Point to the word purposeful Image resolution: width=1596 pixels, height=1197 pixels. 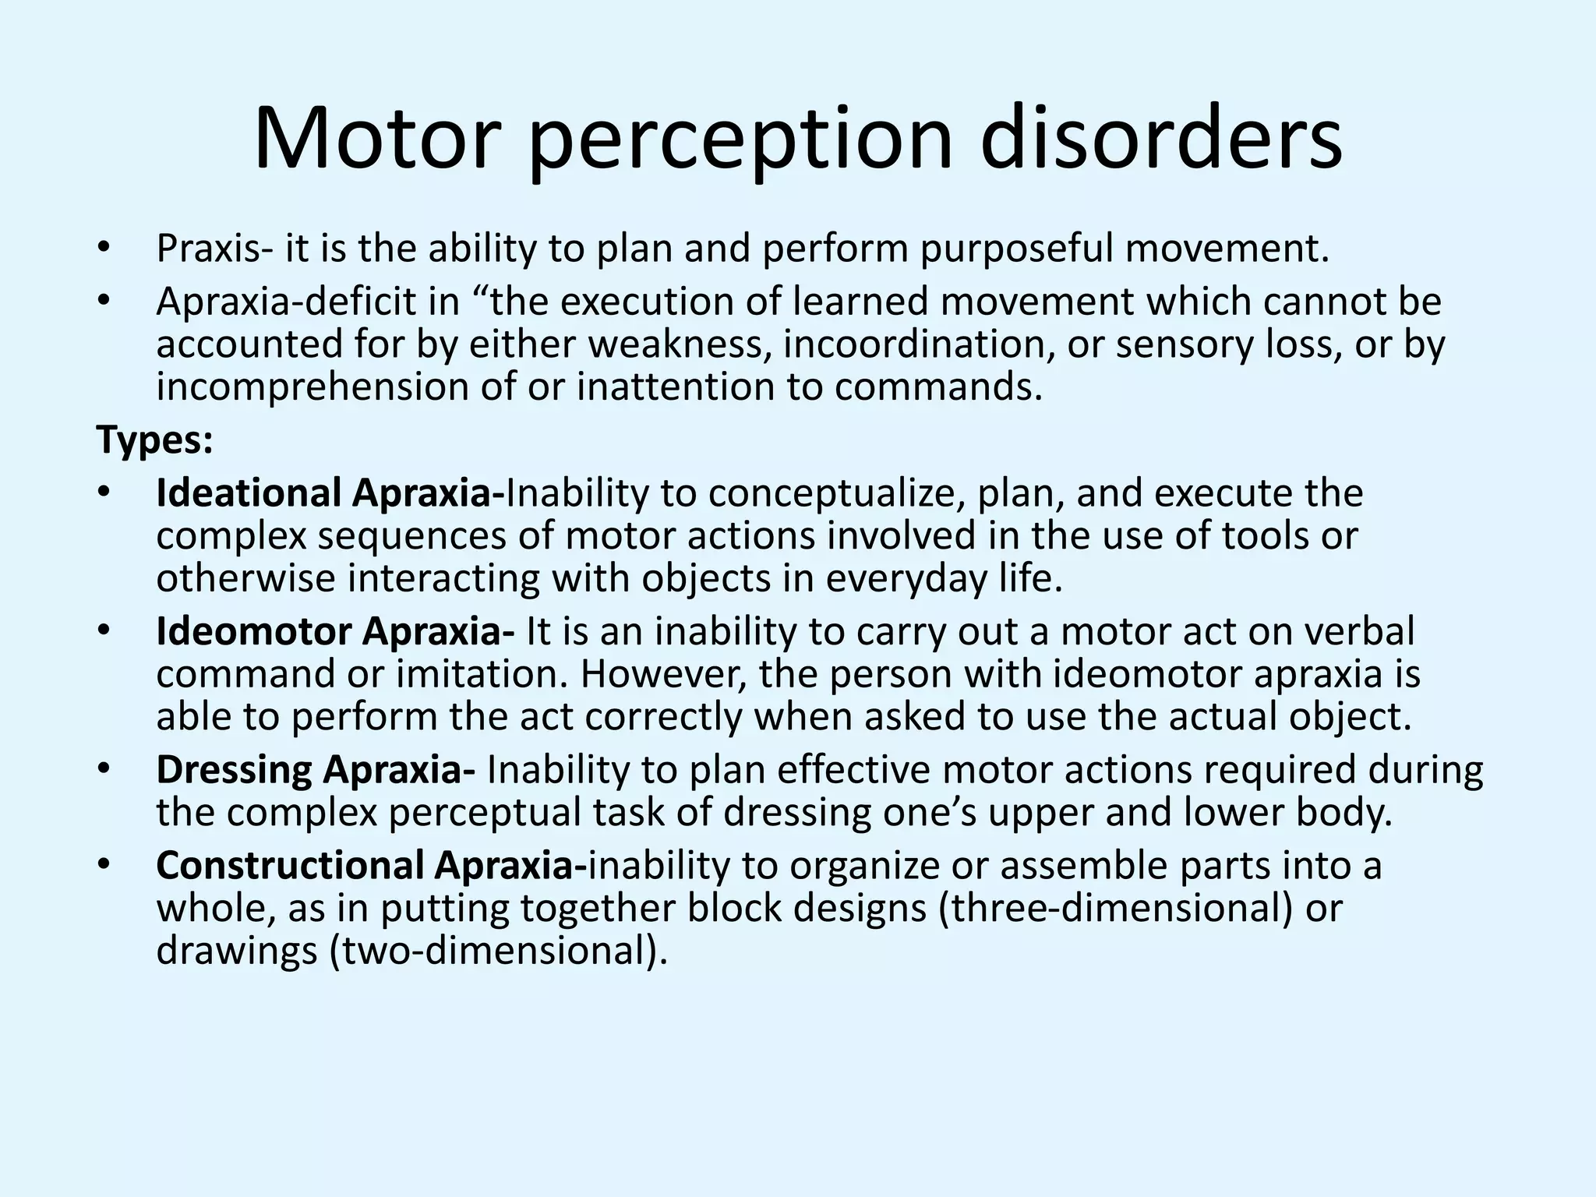(x=1016, y=249)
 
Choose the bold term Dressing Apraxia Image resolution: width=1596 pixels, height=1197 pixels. (x=316, y=770)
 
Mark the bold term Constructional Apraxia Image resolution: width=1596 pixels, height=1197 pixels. (x=371, y=866)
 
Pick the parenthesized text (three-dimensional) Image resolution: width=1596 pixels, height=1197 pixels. (x=1116, y=909)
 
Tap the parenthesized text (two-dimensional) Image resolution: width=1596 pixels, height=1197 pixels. (x=499, y=952)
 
